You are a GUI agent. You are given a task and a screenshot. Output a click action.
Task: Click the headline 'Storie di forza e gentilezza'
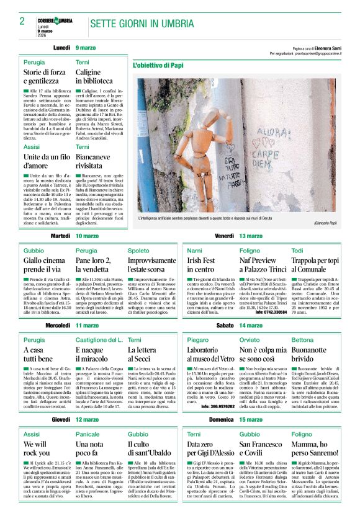pyautogui.click(x=44, y=78)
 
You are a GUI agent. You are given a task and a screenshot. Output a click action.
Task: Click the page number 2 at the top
pyautogui.click(x=22, y=22)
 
